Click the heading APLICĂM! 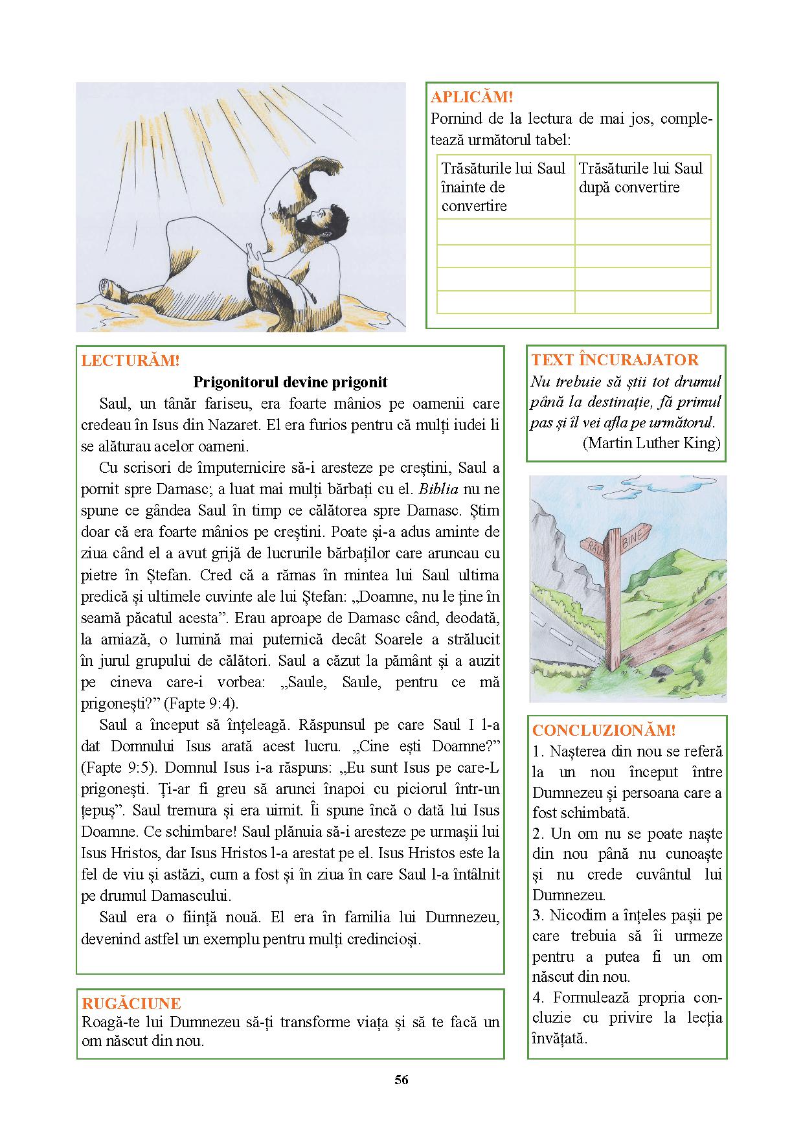[471, 97]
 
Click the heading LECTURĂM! [130, 361]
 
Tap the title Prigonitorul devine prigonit [290, 382]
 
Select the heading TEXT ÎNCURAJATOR [615, 360]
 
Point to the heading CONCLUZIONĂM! [604, 730]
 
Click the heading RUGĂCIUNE [131, 1003]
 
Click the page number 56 [401, 1079]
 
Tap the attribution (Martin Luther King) [651, 443]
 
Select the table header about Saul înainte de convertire [504, 187]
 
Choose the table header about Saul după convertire [641, 178]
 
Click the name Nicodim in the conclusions [569, 916]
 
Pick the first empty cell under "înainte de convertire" [505, 232]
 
